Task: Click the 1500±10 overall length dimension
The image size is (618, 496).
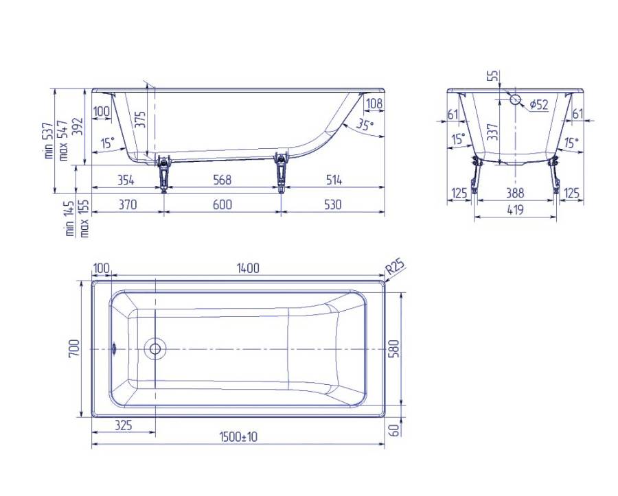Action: pyautogui.click(x=238, y=436)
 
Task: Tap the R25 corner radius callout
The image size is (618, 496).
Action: pyautogui.click(x=395, y=268)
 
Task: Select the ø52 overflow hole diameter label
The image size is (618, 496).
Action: pyautogui.click(x=539, y=104)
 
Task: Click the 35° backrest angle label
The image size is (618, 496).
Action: pyautogui.click(x=365, y=124)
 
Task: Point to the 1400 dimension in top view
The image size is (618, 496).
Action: pyautogui.click(x=248, y=268)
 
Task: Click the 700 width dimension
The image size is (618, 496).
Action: pyautogui.click(x=74, y=349)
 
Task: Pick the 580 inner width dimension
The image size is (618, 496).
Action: pyautogui.click(x=393, y=349)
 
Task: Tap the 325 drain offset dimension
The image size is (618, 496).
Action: pyautogui.click(x=124, y=425)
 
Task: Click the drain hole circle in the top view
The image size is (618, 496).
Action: pyautogui.click(x=155, y=349)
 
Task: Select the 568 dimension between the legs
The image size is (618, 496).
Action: pyautogui.click(x=222, y=180)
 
